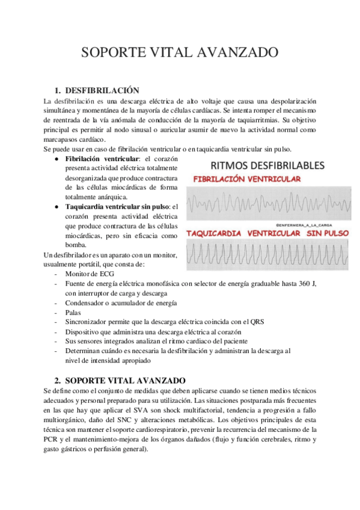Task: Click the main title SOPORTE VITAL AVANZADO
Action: [x=180, y=52]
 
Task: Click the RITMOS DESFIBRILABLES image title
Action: [x=267, y=165]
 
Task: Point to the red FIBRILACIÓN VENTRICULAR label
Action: [x=247, y=179]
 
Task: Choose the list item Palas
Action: [x=73, y=313]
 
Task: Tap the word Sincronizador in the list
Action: [x=87, y=322]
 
